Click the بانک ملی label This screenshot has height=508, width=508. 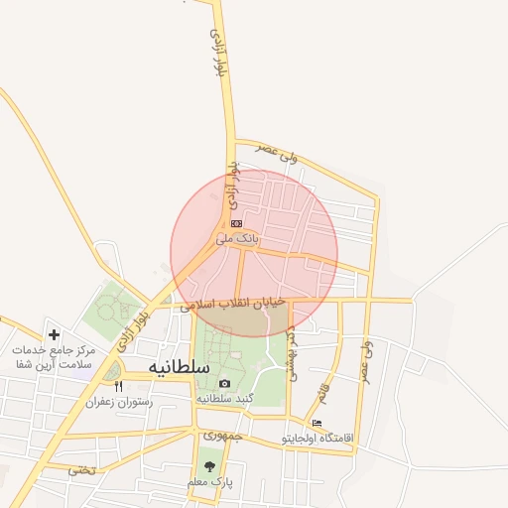238,238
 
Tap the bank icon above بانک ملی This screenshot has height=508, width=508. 236,224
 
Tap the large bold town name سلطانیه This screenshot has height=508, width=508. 180,366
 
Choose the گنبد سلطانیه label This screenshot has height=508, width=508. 225,398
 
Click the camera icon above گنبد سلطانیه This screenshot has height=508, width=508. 224,384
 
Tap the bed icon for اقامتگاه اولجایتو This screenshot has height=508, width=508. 317,424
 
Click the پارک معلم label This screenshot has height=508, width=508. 209,481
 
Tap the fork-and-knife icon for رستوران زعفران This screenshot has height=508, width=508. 118,386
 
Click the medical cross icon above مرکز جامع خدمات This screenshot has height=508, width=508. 54,335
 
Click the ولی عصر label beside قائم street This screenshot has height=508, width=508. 366,363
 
